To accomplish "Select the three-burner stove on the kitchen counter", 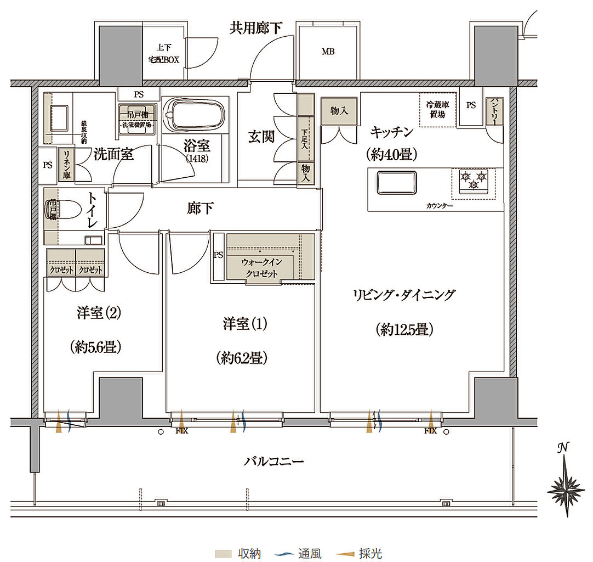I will [x=474, y=183].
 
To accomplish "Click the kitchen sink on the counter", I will [x=397, y=182].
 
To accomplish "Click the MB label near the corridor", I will [x=328, y=52].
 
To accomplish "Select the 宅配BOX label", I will [x=164, y=59].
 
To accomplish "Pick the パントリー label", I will [x=494, y=111].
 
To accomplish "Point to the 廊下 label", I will [x=197, y=209].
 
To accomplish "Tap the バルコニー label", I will [x=273, y=461].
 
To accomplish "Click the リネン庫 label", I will [x=66, y=165].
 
